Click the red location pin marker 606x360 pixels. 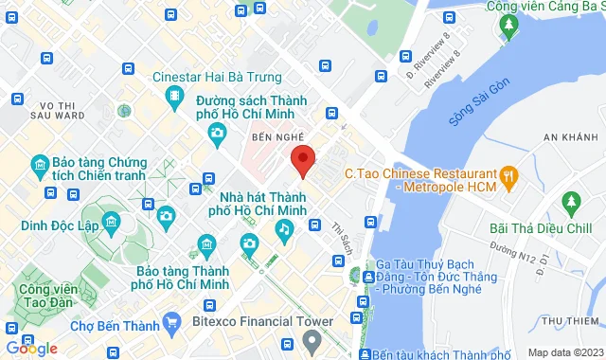tap(302, 160)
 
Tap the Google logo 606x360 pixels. tap(30, 349)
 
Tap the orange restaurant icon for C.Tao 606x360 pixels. tap(511, 174)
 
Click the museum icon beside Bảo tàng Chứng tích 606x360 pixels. tap(39, 167)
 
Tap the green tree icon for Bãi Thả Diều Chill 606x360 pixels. tap(570, 202)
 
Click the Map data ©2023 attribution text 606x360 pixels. tap(564, 352)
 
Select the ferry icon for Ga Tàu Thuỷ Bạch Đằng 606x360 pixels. tap(354, 276)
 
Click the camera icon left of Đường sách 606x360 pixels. tap(217, 133)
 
